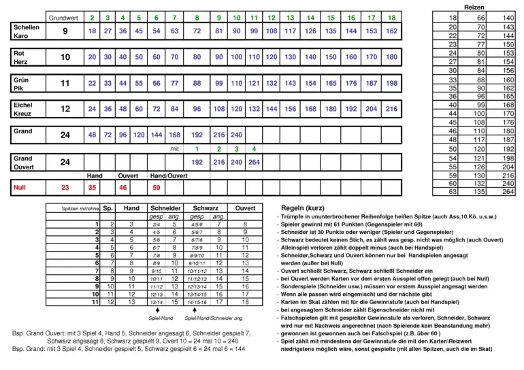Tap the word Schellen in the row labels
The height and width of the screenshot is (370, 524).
click(27, 27)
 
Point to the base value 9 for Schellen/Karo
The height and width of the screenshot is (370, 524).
click(65, 31)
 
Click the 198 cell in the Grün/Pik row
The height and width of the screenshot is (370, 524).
click(391, 83)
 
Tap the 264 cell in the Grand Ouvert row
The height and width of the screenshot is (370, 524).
click(253, 163)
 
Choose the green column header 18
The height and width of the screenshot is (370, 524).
click(391, 17)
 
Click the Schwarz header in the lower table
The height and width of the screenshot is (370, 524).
click(206, 208)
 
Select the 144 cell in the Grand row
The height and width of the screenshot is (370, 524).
click(157, 135)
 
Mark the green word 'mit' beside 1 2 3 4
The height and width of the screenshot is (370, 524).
click(174, 148)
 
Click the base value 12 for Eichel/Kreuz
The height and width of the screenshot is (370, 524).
click(65, 109)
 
